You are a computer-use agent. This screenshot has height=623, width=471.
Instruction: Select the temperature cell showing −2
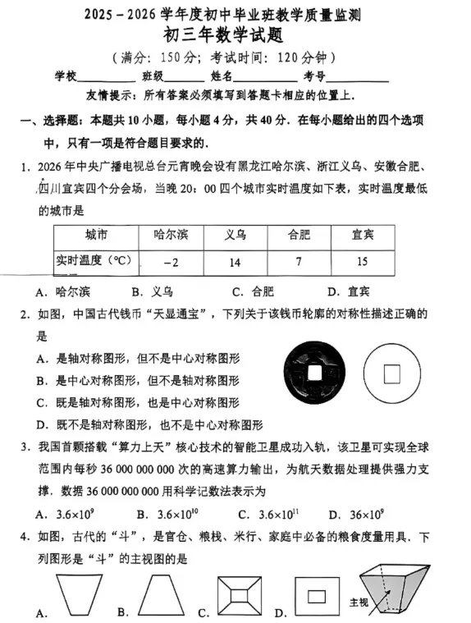click(171, 262)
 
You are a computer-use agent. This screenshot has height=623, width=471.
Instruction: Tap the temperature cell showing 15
click(362, 262)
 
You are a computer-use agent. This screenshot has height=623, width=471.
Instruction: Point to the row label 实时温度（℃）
click(93, 262)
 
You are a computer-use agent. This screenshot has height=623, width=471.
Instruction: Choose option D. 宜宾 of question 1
click(348, 291)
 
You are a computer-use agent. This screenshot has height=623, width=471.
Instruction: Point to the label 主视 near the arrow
click(359, 601)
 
